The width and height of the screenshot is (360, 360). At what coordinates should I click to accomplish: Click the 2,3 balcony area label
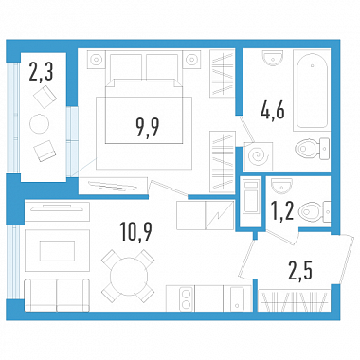point(41,72)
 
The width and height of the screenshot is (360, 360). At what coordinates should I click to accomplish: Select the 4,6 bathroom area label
point(273,110)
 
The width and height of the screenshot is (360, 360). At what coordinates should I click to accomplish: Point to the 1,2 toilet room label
point(283,210)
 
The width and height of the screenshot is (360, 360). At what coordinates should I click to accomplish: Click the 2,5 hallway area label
point(300,271)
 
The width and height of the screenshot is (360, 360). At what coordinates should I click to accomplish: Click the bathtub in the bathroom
point(312,90)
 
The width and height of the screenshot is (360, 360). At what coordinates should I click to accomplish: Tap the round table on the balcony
point(40,123)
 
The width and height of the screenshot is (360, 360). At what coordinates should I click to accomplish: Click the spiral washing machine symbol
point(259,156)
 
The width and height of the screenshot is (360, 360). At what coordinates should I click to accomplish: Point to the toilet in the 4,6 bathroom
point(313,148)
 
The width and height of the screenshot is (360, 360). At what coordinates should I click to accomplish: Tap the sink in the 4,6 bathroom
point(273,58)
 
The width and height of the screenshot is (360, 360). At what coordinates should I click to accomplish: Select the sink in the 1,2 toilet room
point(281,185)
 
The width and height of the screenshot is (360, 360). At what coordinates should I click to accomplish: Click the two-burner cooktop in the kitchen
point(186,297)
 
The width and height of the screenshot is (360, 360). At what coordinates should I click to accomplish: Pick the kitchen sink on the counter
point(237,297)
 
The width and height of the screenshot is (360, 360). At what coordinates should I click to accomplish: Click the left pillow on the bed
point(125,67)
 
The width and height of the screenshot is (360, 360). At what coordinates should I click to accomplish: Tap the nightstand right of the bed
point(192,59)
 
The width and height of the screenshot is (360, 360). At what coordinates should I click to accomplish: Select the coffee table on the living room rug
point(57,250)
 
